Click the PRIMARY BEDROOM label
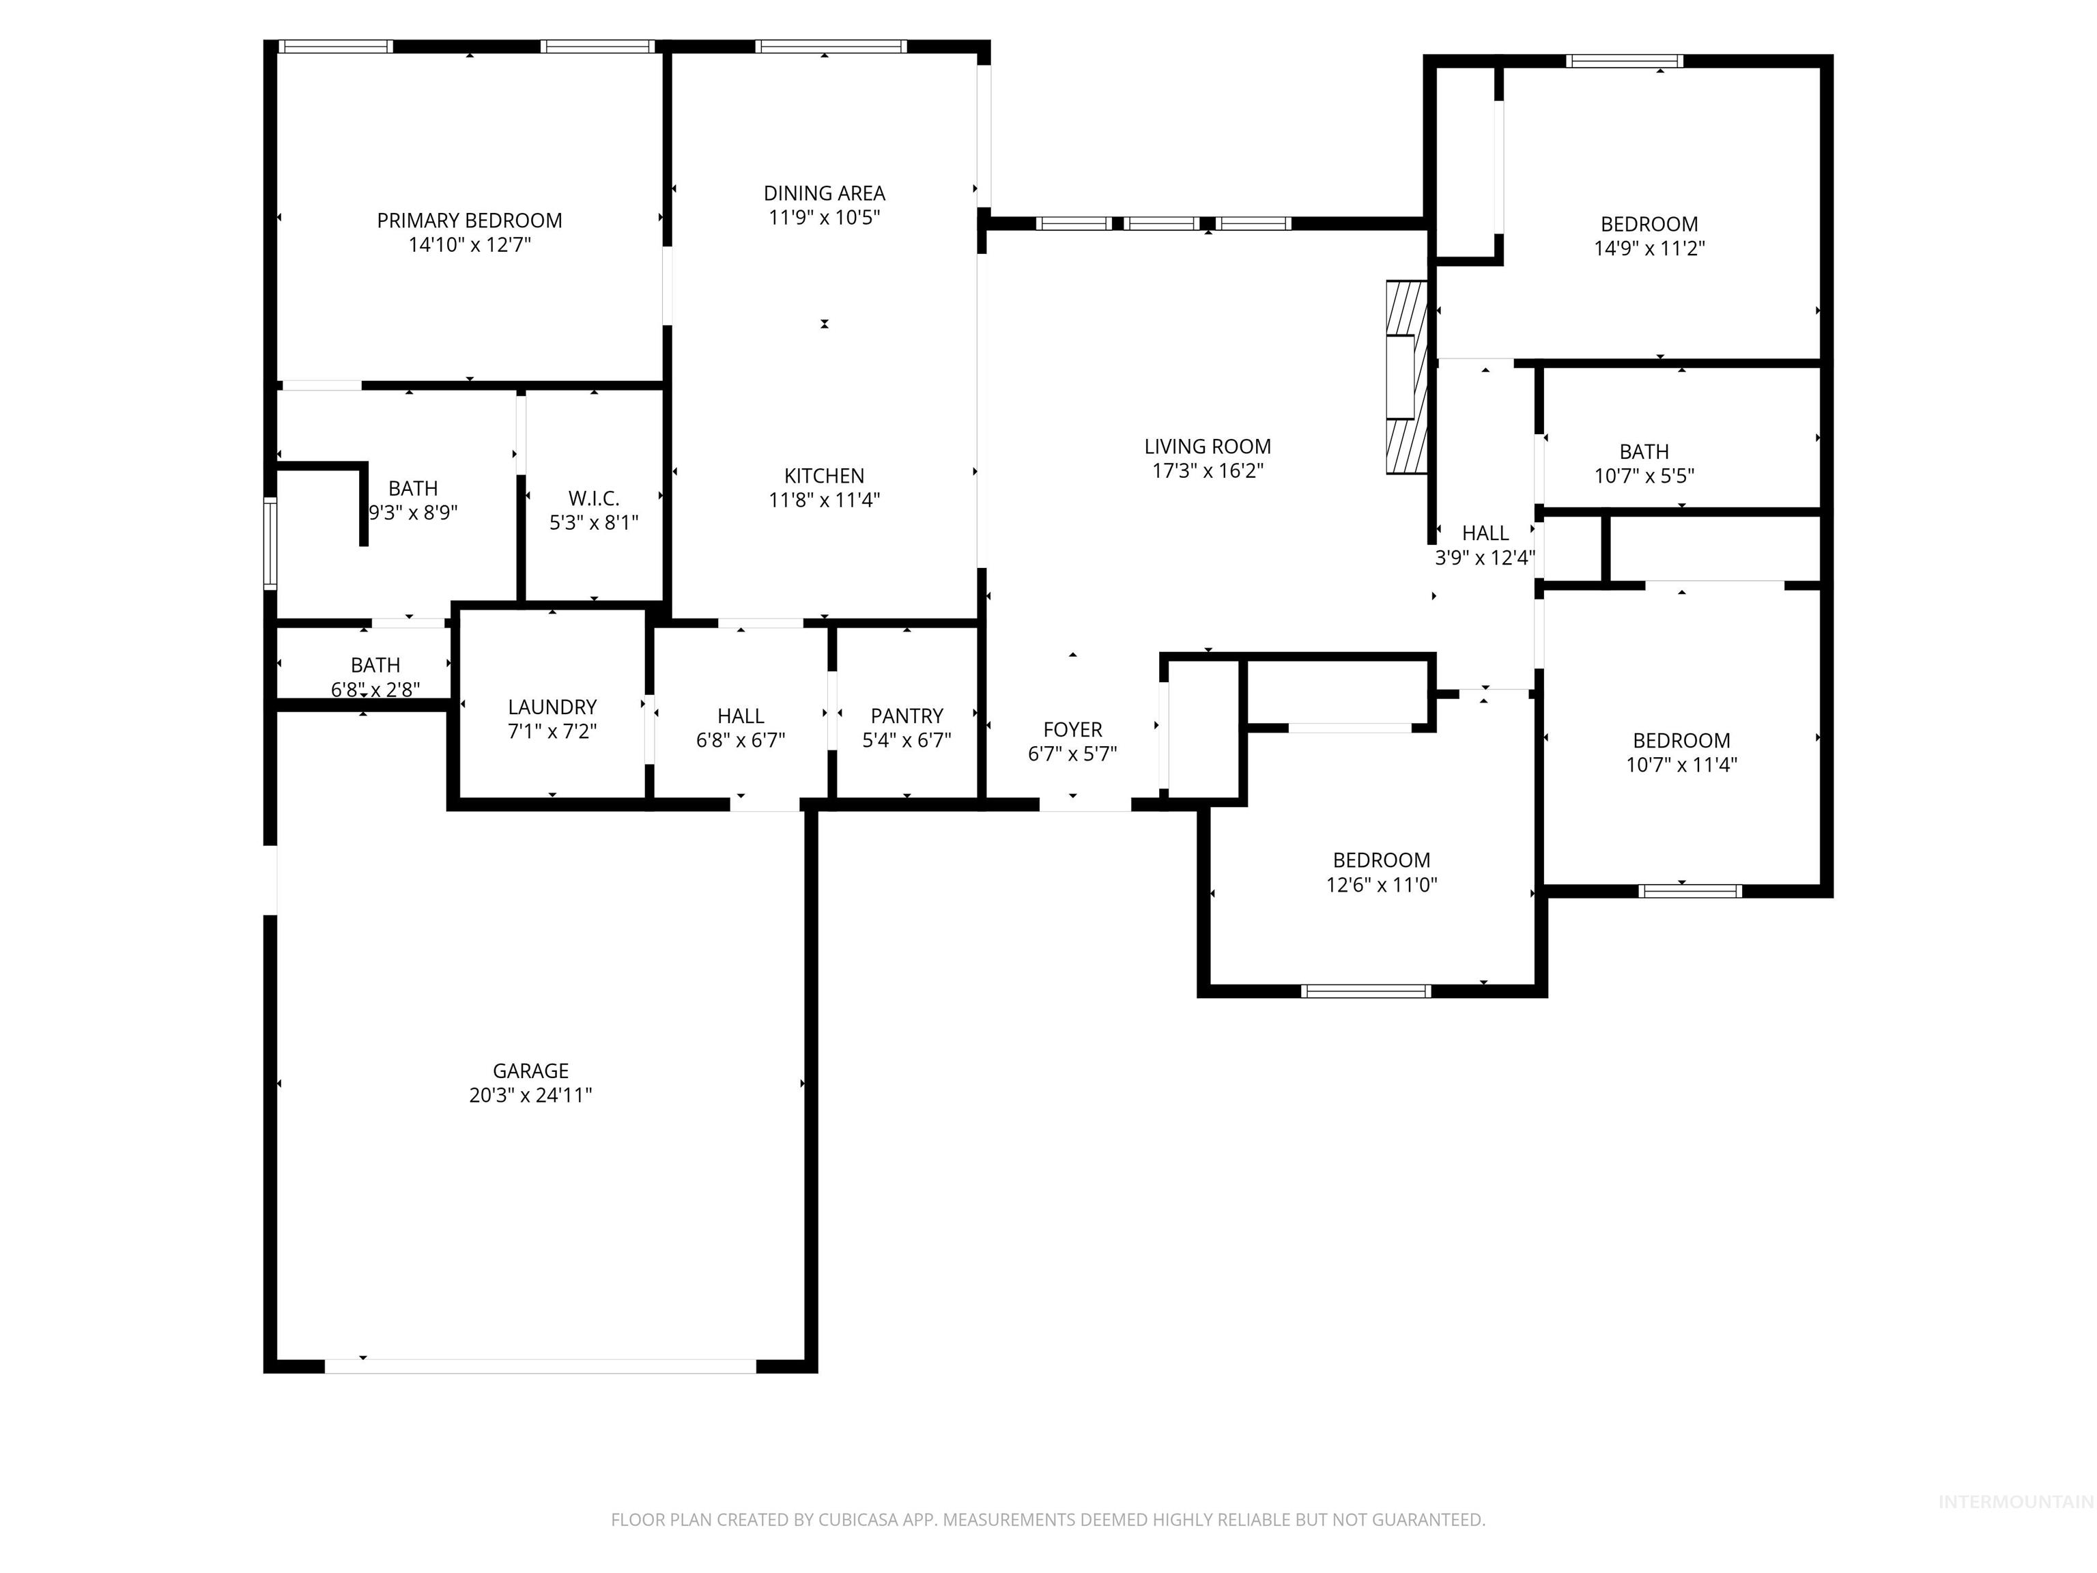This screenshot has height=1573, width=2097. point(469,220)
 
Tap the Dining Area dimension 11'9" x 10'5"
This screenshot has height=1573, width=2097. point(824,217)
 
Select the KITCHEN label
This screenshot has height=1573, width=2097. point(824,476)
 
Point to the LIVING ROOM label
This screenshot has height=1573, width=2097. point(1207,447)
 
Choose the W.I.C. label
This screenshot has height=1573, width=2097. point(593,498)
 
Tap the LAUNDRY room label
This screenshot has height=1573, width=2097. point(552,707)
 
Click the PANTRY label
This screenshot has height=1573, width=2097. point(907,716)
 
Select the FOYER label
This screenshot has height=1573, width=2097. point(1072,729)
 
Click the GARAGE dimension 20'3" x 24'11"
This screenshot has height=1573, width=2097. point(530,1095)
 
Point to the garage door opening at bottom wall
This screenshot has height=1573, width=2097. point(541,1366)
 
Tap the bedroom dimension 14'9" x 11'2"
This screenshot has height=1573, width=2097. point(1649,249)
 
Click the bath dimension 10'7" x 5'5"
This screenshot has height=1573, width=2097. point(1643,476)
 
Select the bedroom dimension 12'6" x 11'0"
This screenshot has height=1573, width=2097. point(1381,885)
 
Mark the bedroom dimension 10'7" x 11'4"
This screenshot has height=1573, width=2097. point(1681,765)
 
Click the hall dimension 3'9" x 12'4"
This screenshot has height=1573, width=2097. point(1485,558)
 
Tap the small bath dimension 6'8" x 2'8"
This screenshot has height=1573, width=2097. point(375,690)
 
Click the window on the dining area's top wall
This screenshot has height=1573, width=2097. point(831,46)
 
